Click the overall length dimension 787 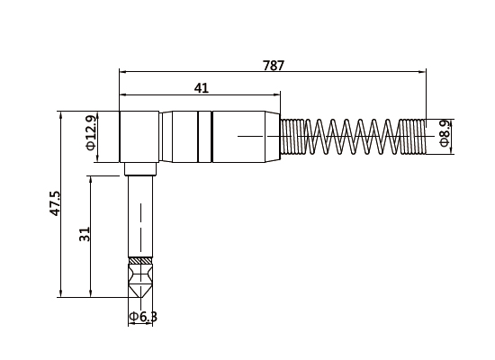click(x=274, y=66)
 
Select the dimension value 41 click(x=202, y=87)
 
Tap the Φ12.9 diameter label click(x=91, y=131)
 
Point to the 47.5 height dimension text click(x=55, y=203)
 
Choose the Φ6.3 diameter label click(x=143, y=317)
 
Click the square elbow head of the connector click(x=139, y=137)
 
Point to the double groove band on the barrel click(x=209, y=137)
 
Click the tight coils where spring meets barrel click(x=291, y=137)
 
